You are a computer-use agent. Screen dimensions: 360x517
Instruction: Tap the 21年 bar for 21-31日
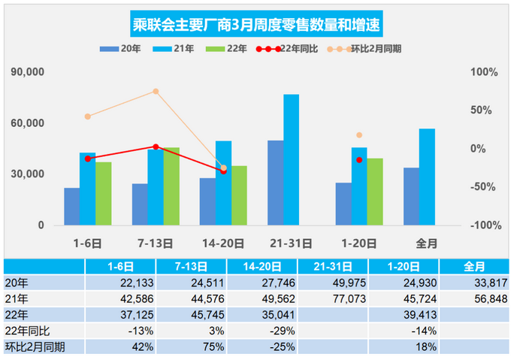pos(291,159)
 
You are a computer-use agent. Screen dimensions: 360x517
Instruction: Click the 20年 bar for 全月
pos(411,196)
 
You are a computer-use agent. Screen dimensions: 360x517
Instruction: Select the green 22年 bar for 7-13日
pos(171,186)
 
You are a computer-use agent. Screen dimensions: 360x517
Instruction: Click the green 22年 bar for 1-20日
pos(375,192)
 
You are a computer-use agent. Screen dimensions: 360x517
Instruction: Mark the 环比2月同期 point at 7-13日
pos(156,92)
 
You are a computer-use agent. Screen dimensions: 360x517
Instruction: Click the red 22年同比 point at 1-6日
pos(88,159)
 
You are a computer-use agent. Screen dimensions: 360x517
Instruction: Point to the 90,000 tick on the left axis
pos(28,72)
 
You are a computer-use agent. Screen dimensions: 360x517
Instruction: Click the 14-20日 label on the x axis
pos(223,243)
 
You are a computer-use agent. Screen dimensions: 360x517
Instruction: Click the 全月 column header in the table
pos(474,266)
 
